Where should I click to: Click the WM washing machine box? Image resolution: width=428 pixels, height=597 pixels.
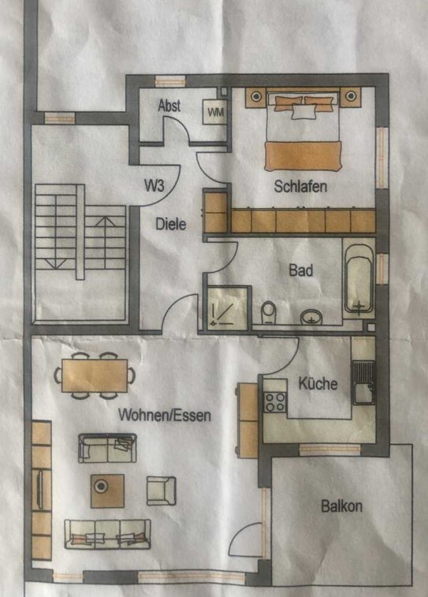coord(215,111)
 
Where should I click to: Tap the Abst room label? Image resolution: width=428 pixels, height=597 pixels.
coord(169,105)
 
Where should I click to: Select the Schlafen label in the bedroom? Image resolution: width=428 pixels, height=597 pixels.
coord(300,186)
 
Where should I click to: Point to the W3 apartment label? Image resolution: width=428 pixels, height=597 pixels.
coord(154,185)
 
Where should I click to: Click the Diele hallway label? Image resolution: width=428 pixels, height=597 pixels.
coord(171,223)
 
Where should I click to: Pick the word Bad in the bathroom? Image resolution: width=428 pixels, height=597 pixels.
coord(301,270)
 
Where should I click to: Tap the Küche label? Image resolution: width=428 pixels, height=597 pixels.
coord(318,383)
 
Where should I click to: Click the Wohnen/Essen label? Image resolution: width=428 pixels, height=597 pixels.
coord(165,415)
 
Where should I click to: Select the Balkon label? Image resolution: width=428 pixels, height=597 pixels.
coord(341,506)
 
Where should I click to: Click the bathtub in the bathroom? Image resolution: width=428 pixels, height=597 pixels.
coord(359,278)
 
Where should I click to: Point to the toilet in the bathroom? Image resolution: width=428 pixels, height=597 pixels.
coord(269,312)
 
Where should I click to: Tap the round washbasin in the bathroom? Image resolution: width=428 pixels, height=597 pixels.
coord(311,317)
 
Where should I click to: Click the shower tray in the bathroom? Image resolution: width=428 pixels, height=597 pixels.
coord(227,308)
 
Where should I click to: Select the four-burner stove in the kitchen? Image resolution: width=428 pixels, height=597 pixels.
coord(275,402)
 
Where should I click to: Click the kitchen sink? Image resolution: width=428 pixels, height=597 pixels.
coord(363,382)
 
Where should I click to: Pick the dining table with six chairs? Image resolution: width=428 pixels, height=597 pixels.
coord(95,375)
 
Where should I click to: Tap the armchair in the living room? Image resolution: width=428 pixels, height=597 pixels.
coord(162,491)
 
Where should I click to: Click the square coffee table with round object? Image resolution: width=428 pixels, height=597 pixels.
coord(107,491)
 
